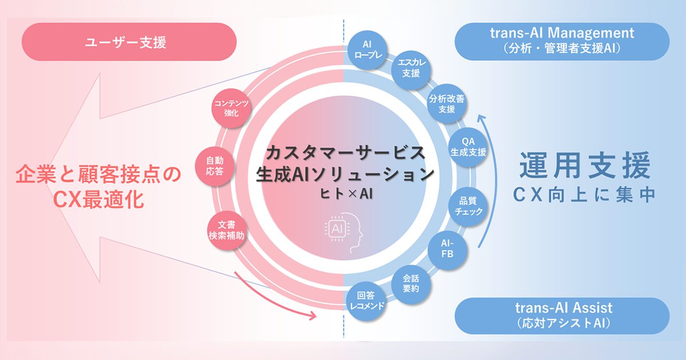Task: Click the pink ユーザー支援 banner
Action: tap(129, 42)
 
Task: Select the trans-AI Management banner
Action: tap(562, 41)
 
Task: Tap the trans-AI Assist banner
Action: tap(562, 316)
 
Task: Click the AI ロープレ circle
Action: tap(368, 50)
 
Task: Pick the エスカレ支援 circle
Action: tap(411, 70)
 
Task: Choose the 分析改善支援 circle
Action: tap(447, 103)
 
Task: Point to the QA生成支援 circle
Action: tap(468, 147)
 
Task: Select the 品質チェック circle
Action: tap(468, 207)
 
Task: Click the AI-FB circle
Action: tap(448, 250)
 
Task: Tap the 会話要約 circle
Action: tap(411, 285)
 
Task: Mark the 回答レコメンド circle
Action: tap(366, 301)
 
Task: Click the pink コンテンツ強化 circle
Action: tap(231, 108)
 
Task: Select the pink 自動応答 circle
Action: tap(215, 166)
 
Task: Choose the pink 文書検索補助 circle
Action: tap(226, 230)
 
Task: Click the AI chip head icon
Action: tap(344, 232)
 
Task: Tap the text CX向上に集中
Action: tap(584, 195)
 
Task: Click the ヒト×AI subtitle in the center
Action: tap(346, 194)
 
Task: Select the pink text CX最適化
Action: tap(98, 200)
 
